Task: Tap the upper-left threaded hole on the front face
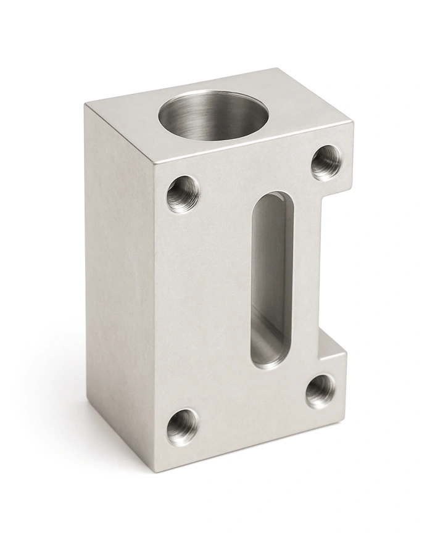(x=183, y=194)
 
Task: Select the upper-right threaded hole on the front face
(x=326, y=162)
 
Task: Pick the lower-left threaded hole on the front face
(x=183, y=426)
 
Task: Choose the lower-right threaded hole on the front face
(x=321, y=391)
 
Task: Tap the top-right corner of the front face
(x=353, y=123)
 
